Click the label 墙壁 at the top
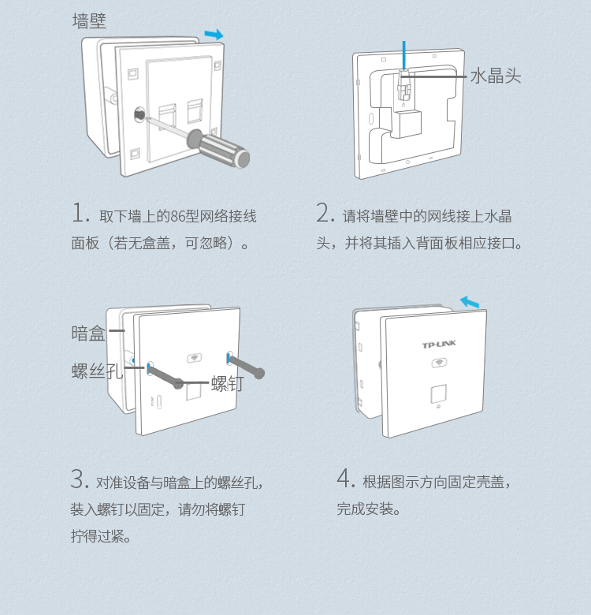[x=89, y=21]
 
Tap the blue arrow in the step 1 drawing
[x=213, y=34]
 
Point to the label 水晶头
[x=496, y=76]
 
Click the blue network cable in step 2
[x=403, y=54]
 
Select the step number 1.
[x=80, y=213]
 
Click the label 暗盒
[x=88, y=333]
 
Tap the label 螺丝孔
[x=97, y=371]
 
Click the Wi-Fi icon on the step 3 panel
[x=192, y=358]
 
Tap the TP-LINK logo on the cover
[x=439, y=345]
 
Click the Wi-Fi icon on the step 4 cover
[x=438, y=363]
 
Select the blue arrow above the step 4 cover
[x=469, y=301]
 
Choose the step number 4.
[x=345, y=478]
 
